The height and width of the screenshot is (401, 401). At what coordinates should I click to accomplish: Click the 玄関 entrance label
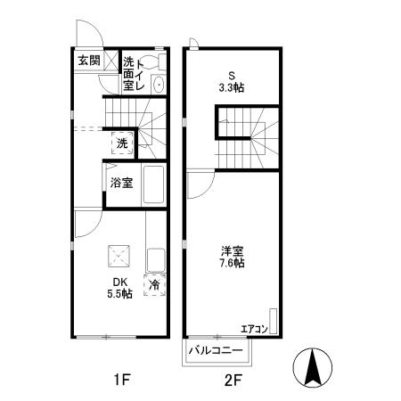87,61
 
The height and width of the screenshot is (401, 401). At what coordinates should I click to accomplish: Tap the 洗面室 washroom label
128,75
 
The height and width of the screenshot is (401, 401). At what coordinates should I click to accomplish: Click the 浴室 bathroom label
122,184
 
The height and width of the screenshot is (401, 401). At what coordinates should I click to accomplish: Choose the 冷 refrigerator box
154,285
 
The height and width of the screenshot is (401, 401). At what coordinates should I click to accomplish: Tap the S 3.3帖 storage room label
233,82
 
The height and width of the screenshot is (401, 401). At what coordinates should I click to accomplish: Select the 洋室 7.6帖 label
233,257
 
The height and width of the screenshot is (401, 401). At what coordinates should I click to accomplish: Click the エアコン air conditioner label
253,330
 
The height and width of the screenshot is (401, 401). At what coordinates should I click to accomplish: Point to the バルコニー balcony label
219,351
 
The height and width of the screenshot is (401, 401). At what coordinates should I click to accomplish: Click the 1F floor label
122,381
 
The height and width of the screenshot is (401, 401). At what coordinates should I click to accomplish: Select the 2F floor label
233,381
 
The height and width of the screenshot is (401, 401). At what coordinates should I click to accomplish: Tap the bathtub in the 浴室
154,184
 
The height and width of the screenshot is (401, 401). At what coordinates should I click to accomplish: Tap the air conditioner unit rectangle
274,322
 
